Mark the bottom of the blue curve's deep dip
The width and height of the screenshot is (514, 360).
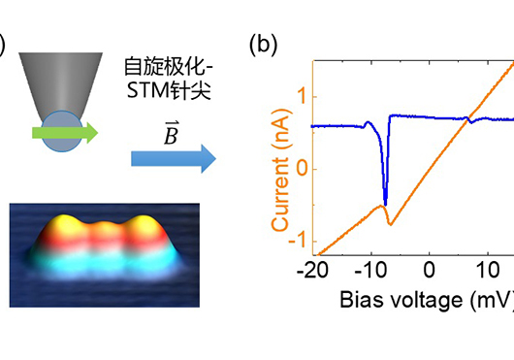tap(385, 205)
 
